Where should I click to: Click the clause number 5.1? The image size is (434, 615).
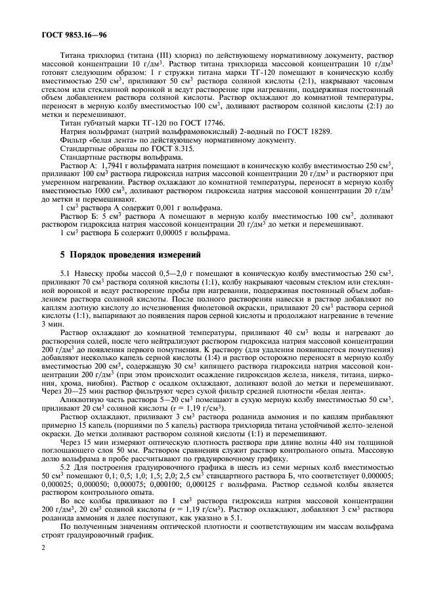coord(66,272)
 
